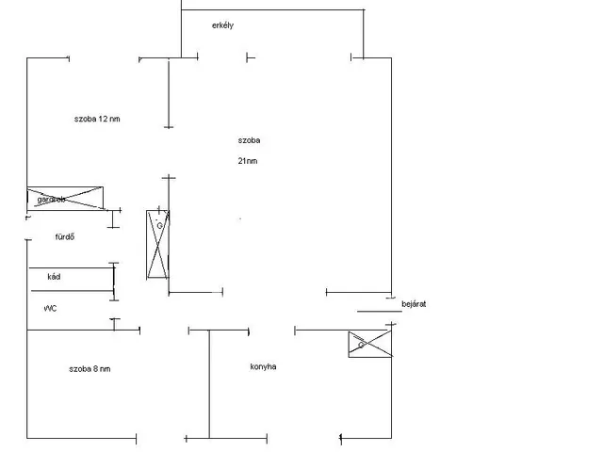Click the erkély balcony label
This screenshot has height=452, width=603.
(x=222, y=25)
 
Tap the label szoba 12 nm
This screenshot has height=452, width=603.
(x=97, y=119)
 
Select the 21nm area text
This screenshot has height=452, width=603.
(x=248, y=161)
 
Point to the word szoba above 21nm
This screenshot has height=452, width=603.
(x=249, y=140)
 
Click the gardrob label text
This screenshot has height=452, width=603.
(x=50, y=200)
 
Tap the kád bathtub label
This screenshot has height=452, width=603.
(x=53, y=278)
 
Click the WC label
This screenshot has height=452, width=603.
(x=51, y=309)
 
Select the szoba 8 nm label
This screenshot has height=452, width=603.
(x=90, y=368)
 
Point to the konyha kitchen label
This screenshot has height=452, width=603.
(x=263, y=367)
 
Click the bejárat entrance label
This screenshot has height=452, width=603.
(x=415, y=304)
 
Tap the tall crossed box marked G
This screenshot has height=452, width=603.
(x=157, y=244)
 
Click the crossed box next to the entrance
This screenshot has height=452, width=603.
(x=370, y=344)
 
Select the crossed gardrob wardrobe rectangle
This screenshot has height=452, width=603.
(x=65, y=198)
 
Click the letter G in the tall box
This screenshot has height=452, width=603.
(x=160, y=226)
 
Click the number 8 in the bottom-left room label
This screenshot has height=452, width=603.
(x=97, y=368)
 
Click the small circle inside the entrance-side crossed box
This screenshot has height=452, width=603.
(x=360, y=346)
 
